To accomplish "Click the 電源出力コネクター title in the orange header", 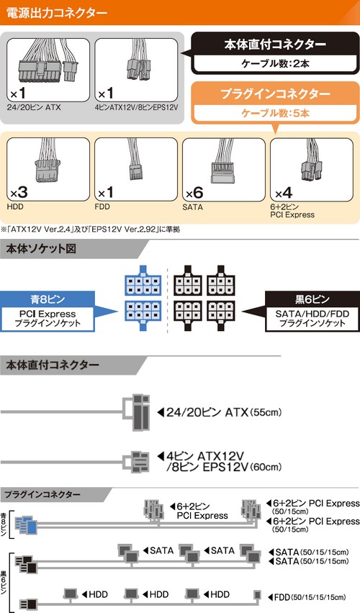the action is click(56, 12).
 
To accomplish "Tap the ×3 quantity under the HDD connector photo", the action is click(19, 192).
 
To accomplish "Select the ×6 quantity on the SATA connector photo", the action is click(194, 192).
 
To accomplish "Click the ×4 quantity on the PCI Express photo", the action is click(283, 193).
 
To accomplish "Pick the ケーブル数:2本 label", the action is click(275, 63).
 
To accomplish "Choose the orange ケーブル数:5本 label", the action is click(275, 113).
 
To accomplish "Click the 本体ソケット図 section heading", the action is click(41, 249).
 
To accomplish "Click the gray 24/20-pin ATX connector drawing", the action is click(137, 412).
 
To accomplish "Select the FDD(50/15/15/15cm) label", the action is click(307, 597).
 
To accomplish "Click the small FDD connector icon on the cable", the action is click(257, 595).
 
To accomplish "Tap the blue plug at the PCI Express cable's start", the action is click(26, 525).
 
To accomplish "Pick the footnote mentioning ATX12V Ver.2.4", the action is click(91, 230).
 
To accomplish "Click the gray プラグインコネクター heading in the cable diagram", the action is click(42, 494).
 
